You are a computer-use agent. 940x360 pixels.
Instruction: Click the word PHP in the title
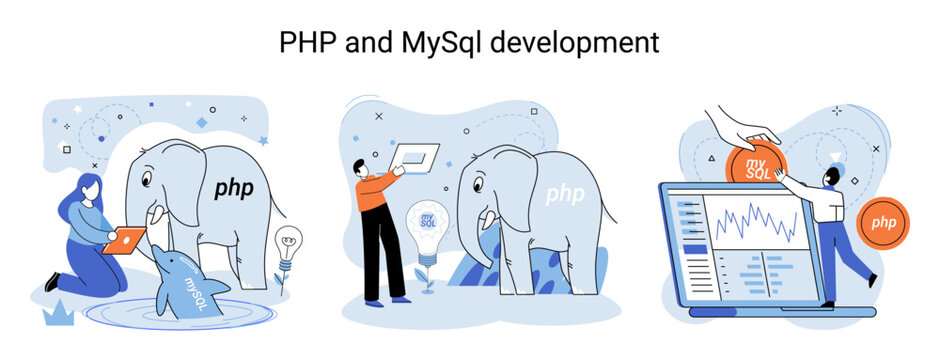tap(306, 43)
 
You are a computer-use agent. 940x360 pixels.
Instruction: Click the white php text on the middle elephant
tap(565, 195)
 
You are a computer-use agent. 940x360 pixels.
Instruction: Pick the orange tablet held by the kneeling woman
tap(123, 240)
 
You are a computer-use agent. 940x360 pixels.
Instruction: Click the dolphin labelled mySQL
tap(185, 282)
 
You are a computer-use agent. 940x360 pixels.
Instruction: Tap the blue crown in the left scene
tap(58, 314)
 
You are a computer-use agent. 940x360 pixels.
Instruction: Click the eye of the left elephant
tap(146, 180)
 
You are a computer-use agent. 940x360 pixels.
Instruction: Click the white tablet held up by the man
tap(414, 159)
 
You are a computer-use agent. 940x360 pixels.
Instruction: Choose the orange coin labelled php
tap(883, 223)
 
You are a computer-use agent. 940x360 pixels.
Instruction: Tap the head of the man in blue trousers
tap(832, 176)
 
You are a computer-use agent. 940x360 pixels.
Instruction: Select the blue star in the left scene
tap(263, 141)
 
